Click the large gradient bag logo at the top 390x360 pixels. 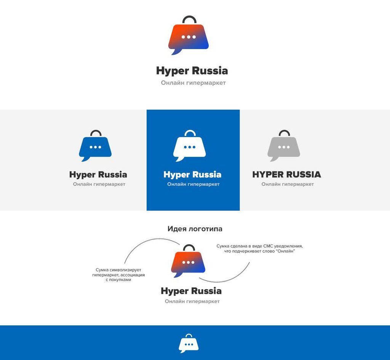tap(189, 37)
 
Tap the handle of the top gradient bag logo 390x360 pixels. tap(189, 17)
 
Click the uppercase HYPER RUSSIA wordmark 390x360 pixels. tap(286, 174)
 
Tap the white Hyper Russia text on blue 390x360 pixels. tap(192, 175)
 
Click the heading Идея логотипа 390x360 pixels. tap(195, 229)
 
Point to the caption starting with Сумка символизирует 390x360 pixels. tap(118, 275)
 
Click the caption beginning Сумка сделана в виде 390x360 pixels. tap(259, 248)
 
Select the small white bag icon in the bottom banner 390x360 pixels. tap(189, 344)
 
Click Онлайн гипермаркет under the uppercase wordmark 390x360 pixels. tap(288, 184)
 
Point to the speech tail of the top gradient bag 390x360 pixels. tap(176, 52)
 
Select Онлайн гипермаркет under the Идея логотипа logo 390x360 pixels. tap(192, 301)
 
